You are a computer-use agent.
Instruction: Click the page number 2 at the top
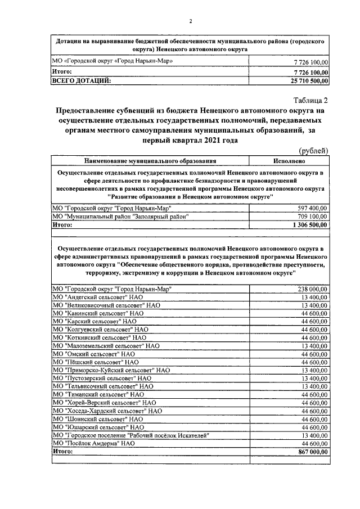190,21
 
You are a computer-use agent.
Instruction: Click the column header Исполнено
290,160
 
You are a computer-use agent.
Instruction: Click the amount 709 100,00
313,216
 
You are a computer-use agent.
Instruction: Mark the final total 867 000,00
313,451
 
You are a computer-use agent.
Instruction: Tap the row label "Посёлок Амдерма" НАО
93,443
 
